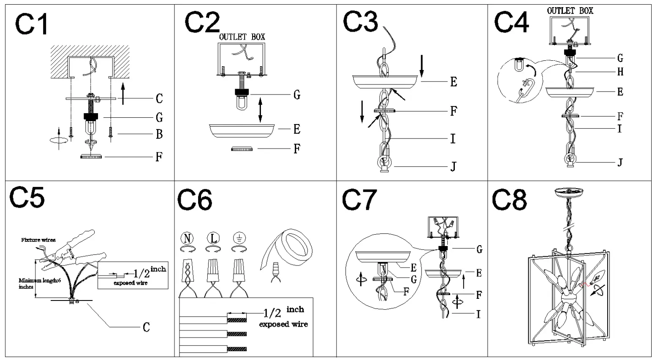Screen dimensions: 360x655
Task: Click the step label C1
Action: [32, 24]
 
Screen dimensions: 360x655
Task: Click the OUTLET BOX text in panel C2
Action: [242, 37]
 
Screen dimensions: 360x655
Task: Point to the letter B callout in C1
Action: [159, 134]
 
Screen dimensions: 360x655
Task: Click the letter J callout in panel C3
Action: [453, 167]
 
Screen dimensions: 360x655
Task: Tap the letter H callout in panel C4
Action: [620, 72]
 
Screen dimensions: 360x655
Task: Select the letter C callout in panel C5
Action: [146, 327]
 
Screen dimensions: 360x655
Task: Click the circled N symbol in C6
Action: [187, 238]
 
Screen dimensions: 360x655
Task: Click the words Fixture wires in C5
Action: [38, 240]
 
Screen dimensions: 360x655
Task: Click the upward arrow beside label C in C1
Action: [123, 94]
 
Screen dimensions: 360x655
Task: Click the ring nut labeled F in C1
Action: [91, 157]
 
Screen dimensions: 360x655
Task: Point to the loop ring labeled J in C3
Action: [383, 162]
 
